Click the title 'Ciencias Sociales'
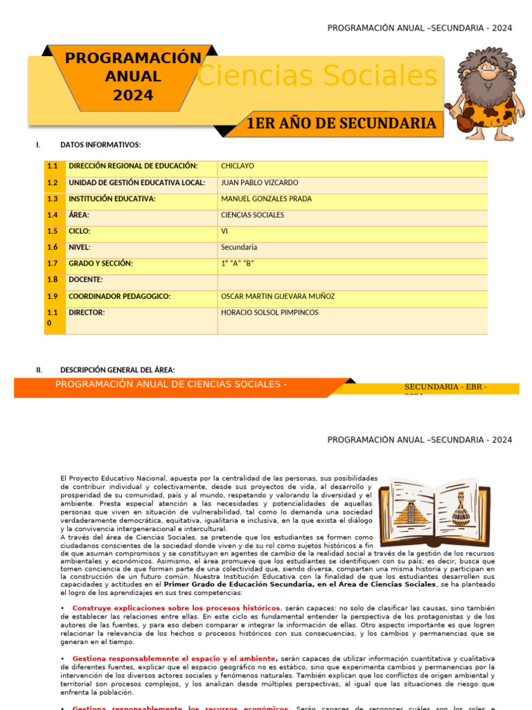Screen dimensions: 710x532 pyautogui.click(x=317, y=76)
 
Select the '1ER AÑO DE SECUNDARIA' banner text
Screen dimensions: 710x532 pyautogui.click(x=341, y=124)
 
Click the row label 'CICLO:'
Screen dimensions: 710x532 pyautogui.click(x=80, y=232)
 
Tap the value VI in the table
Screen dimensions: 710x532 pyautogui.click(x=224, y=232)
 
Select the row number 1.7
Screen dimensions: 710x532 pyautogui.click(x=53, y=264)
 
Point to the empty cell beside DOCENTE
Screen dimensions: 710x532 pyautogui.click(x=352, y=280)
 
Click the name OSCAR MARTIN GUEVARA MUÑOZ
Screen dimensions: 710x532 pyautogui.click(x=277, y=297)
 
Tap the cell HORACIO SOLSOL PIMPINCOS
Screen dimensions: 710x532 pyautogui.click(x=269, y=313)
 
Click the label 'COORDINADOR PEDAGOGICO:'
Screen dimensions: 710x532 pyautogui.click(x=120, y=297)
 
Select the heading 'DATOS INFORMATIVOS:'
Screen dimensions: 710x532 pyautogui.click(x=100, y=145)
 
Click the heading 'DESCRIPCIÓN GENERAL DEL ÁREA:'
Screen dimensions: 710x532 pyautogui.click(x=118, y=370)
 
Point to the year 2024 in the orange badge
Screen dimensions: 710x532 pyautogui.click(x=133, y=96)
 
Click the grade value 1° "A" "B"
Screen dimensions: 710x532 pyautogui.click(x=238, y=264)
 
